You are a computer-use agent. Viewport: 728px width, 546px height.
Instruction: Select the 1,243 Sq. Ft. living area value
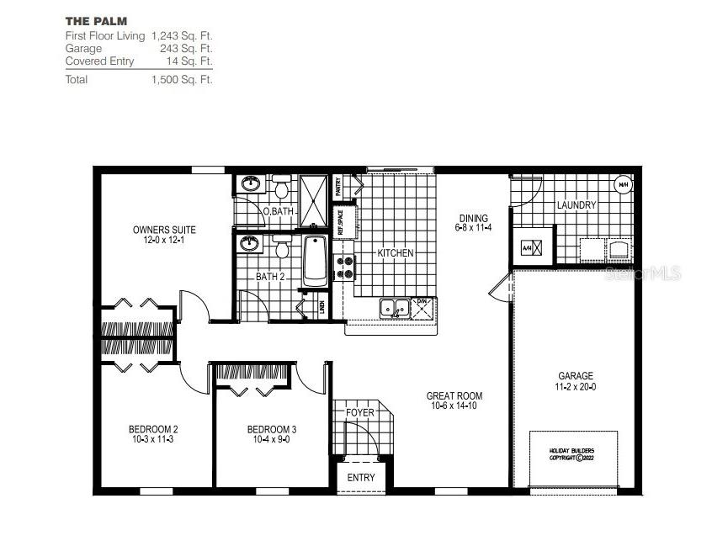182,36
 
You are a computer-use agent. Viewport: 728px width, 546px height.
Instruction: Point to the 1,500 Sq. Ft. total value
182,80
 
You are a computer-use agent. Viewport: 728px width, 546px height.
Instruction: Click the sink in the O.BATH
250,183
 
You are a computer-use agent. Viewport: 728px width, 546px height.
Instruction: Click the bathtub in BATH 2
314,260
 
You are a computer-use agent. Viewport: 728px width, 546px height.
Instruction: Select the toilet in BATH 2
282,246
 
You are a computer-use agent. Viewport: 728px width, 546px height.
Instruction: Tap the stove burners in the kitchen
345,267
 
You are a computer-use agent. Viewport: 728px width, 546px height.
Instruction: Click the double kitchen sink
394,308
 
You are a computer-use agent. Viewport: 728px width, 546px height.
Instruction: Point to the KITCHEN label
395,253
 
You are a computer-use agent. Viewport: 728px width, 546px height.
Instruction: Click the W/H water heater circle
624,185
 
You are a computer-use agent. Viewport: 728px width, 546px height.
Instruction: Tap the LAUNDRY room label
577,205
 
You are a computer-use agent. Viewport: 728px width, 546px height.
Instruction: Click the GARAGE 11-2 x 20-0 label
576,381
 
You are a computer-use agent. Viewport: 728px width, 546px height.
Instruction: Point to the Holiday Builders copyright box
573,453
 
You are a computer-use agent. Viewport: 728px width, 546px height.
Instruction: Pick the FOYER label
360,413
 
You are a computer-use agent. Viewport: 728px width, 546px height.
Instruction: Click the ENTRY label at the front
361,478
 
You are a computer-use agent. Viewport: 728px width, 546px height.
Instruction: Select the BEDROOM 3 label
271,433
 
